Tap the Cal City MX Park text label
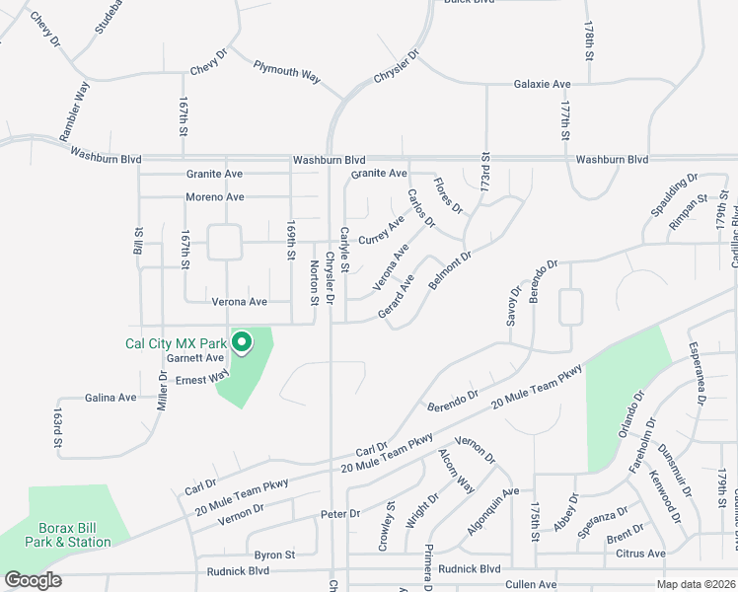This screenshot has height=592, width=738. (x=175, y=343)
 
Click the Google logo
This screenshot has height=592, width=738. (x=33, y=580)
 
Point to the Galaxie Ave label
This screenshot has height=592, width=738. (x=543, y=85)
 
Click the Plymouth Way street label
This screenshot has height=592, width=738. (x=287, y=71)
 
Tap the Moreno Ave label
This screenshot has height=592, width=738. (x=214, y=197)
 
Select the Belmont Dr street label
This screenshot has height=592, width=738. (x=451, y=269)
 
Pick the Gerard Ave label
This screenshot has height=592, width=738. (x=396, y=297)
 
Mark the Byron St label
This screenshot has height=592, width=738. (x=274, y=555)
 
